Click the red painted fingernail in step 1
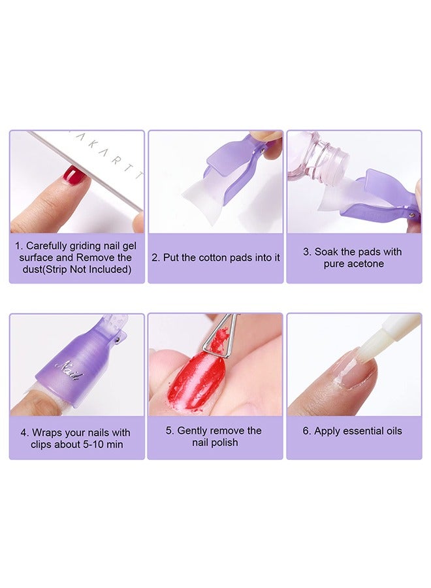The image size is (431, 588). [x=75, y=175]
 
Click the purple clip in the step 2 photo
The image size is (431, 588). [x=229, y=163]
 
